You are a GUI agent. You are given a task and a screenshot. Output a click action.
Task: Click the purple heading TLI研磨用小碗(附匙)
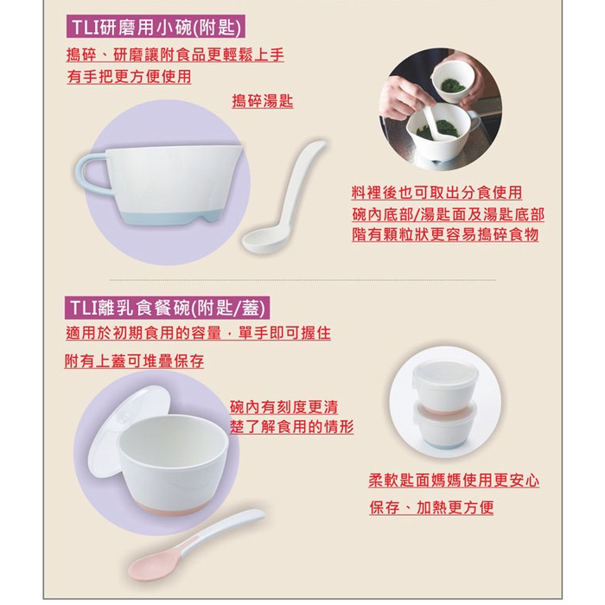pyautogui.click(x=156, y=27)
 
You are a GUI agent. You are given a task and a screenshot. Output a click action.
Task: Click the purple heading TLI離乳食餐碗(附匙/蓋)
pyautogui.click(x=168, y=308)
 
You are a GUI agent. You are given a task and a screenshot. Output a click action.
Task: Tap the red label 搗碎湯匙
pyautogui.click(x=263, y=101)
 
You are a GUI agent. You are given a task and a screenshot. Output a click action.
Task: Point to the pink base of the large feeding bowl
pyautogui.click(x=174, y=504)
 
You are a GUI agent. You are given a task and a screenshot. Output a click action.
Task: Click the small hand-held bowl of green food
pyautogui.click(x=451, y=82)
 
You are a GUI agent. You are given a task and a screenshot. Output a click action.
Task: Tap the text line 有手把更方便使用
pyautogui.click(x=129, y=76)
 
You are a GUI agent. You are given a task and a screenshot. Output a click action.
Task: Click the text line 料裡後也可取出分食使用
pyautogui.click(x=436, y=192)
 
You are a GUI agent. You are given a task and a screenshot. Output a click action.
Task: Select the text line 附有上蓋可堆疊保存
pyautogui.click(x=134, y=360)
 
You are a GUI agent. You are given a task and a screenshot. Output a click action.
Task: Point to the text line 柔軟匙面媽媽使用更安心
pyautogui.click(x=454, y=480)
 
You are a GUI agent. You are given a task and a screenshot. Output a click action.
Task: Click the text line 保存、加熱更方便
pyautogui.click(x=431, y=507)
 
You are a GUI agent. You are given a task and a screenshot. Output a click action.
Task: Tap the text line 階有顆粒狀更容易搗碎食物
pyautogui.click(x=445, y=234)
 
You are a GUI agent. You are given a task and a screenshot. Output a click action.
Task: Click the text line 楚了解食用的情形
pyautogui.click(x=292, y=427)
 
